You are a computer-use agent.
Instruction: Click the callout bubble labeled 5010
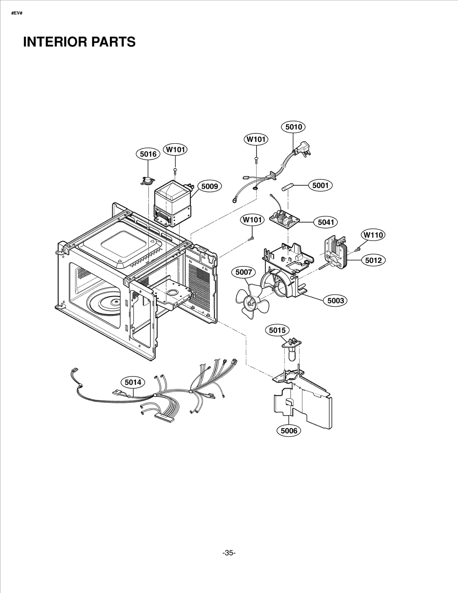point(293,127)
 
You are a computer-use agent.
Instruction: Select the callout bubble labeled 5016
point(148,154)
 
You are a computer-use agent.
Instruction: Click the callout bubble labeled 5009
point(210,187)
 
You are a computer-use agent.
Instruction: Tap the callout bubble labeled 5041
point(326,222)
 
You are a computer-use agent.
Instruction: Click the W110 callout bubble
point(373,235)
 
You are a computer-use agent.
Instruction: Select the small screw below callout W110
point(358,250)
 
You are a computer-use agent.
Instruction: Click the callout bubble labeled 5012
point(373,260)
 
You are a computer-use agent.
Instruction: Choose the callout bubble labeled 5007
point(243,272)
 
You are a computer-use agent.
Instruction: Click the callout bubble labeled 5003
point(335,301)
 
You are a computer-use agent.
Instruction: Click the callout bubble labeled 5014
point(133,382)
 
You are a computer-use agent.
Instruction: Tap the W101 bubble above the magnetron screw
point(175,150)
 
